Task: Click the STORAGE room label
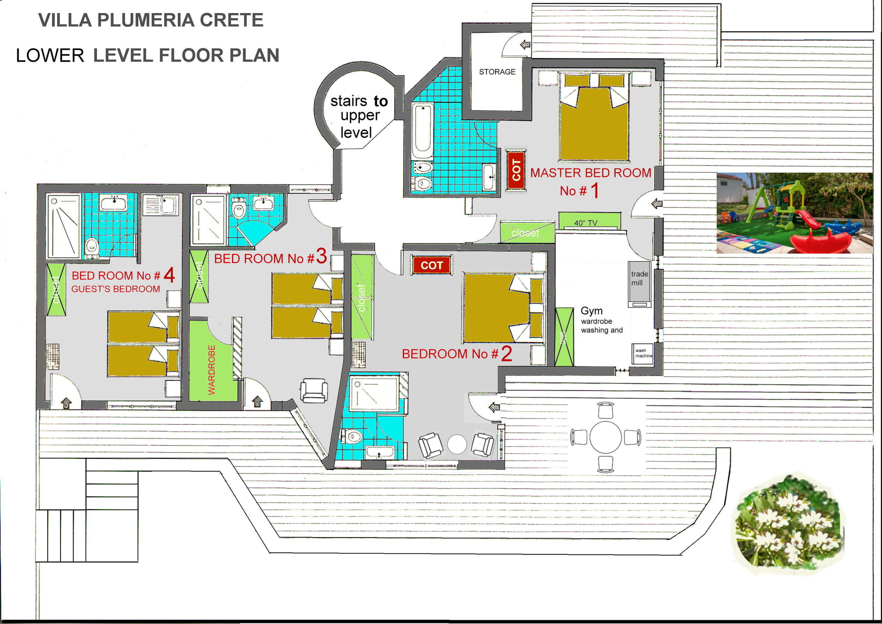coord(497,72)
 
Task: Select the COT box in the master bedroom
coord(516,169)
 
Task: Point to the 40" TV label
coord(586,223)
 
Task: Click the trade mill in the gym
coord(639,284)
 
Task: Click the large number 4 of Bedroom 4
coord(169,275)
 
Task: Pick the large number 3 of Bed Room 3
coord(321,256)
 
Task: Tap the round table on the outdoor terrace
coord(605,437)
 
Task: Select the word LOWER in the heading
coord(50,56)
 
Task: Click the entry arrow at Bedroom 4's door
coord(66,403)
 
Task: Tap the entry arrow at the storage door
coord(525,44)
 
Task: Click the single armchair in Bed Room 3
coord(314,391)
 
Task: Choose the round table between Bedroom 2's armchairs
coord(457,444)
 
